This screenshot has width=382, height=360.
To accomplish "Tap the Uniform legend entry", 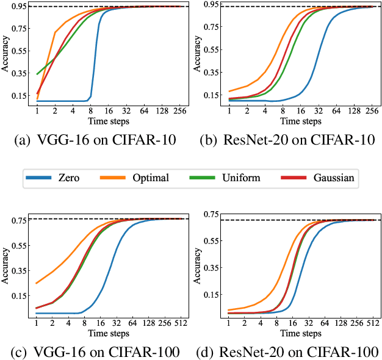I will pos(243,179).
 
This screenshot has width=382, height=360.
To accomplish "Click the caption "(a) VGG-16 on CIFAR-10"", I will pos(95,139).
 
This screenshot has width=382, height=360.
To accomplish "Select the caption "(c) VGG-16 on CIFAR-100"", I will pos(95,352).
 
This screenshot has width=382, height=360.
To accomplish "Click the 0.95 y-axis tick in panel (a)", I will pos(18,6).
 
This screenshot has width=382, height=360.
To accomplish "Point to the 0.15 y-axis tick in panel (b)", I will pos(211,95).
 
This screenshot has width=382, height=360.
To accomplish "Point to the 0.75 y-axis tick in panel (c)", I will pos(18,220).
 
